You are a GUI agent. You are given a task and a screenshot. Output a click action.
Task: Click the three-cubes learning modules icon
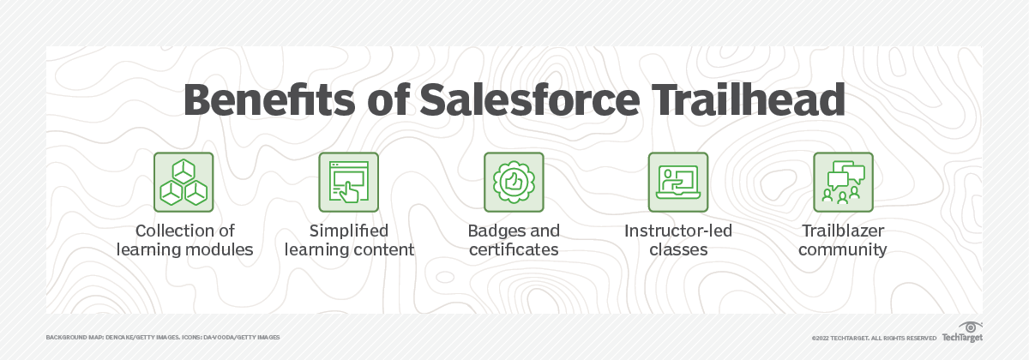(184, 183)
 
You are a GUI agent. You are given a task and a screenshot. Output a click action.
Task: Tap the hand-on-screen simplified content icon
(348, 183)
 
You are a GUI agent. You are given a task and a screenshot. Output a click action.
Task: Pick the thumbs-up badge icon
(514, 183)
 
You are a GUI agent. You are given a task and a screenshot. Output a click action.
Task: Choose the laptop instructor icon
(678, 183)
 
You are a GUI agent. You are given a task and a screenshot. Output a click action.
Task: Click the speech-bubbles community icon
(844, 183)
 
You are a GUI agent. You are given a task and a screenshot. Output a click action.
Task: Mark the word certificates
(514, 250)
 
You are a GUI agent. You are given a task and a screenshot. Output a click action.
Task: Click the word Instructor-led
(678, 231)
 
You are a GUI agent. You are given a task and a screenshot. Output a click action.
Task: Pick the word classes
(678, 250)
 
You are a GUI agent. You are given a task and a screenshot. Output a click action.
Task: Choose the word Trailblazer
(844, 231)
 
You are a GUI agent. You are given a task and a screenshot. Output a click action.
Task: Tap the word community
(844, 250)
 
